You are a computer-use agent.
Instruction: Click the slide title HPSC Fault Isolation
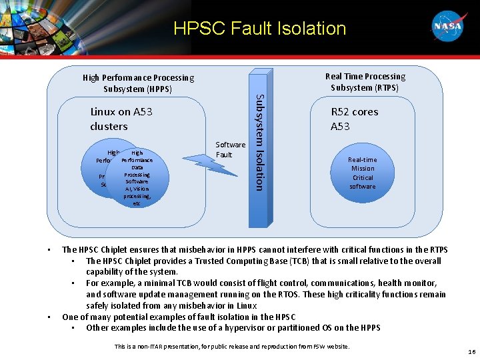point(259,28)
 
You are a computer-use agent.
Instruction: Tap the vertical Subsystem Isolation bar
point(259,141)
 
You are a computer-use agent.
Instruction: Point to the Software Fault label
point(230,149)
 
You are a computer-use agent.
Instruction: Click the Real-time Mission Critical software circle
point(363,173)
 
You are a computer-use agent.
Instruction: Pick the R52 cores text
point(354,112)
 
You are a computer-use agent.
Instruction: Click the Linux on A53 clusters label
point(121,119)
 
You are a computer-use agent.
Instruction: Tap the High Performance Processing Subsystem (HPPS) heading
point(138,83)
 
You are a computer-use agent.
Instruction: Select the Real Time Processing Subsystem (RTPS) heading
point(365,82)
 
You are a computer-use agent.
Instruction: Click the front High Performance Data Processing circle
point(137,177)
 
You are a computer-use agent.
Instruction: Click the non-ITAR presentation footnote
point(231,346)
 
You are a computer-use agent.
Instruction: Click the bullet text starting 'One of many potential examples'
point(179,317)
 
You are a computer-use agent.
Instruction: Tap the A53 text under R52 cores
point(340,126)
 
